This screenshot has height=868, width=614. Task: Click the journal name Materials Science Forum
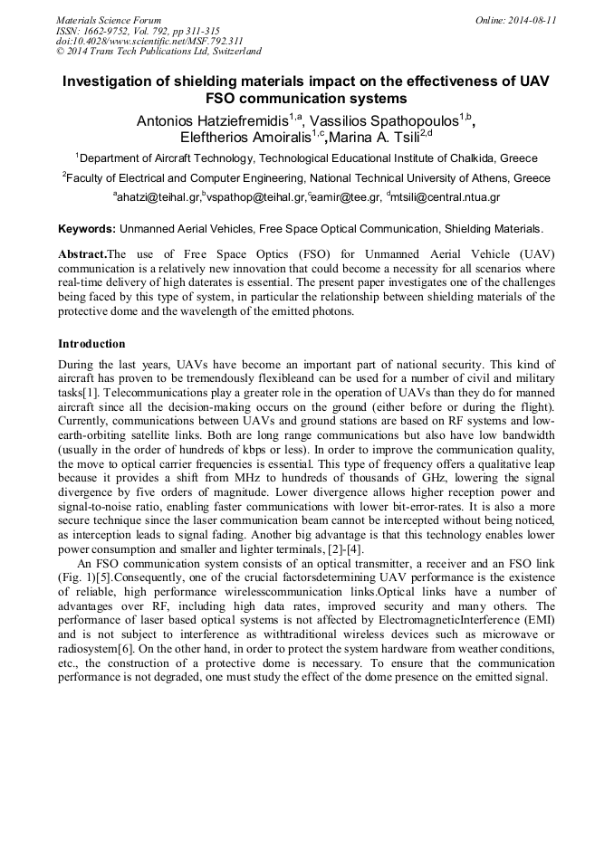tap(109, 20)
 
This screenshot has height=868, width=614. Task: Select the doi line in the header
tap(149, 42)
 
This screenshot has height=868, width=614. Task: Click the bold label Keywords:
tap(86, 230)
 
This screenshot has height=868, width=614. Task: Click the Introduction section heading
tap(91, 344)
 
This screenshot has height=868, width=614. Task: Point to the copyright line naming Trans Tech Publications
tap(158, 52)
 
